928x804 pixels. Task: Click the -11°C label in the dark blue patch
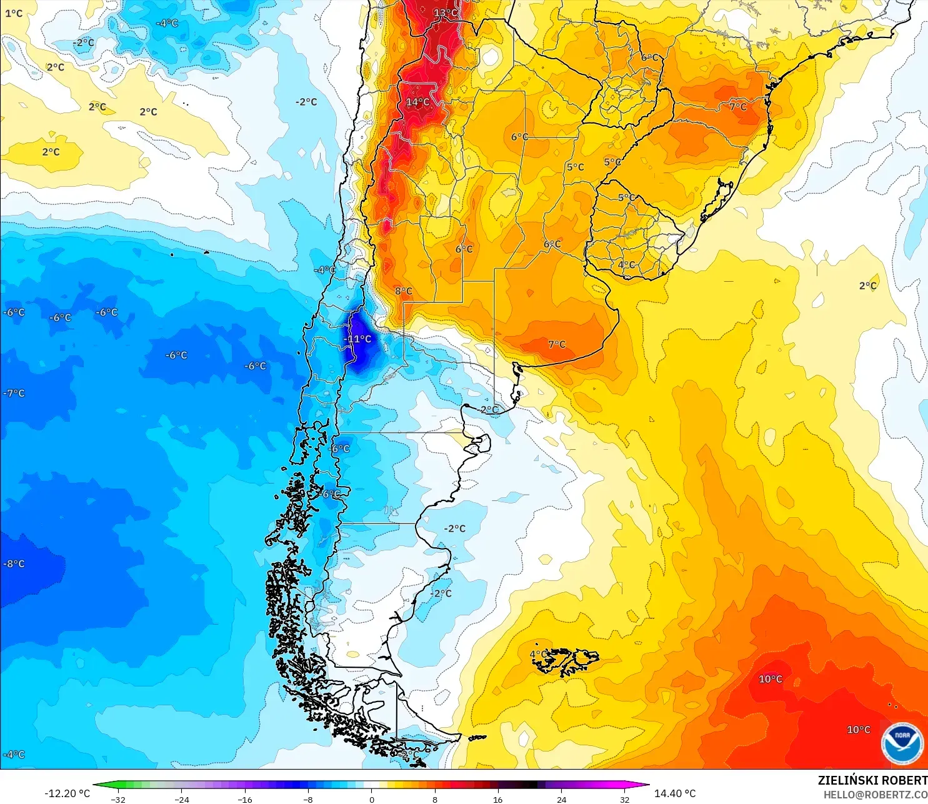click(x=357, y=339)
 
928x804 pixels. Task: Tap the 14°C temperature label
click(x=417, y=102)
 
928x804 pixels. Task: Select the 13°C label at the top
click(x=445, y=12)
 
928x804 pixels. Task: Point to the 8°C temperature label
click(x=403, y=291)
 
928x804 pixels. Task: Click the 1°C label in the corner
click(x=13, y=13)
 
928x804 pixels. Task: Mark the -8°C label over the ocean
click(x=14, y=563)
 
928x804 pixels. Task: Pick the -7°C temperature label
click(x=14, y=393)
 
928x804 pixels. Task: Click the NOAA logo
click(x=902, y=743)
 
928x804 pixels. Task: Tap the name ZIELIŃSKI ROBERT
click(x=872, y=780)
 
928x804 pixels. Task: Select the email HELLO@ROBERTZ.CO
click(x=875, y=795)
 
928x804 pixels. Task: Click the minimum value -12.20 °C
click(x=67, y=793)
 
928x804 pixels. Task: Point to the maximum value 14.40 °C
click(x=675, y=793)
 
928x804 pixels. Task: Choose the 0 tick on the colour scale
click(x=372, y=800)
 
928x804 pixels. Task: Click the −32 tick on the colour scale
click(x=117, y=800)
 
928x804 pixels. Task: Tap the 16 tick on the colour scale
click(x=497, y=800)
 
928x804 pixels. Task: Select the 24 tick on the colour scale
click(x=561, y=800)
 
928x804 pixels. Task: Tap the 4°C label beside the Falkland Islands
click(x=537, y=654)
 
